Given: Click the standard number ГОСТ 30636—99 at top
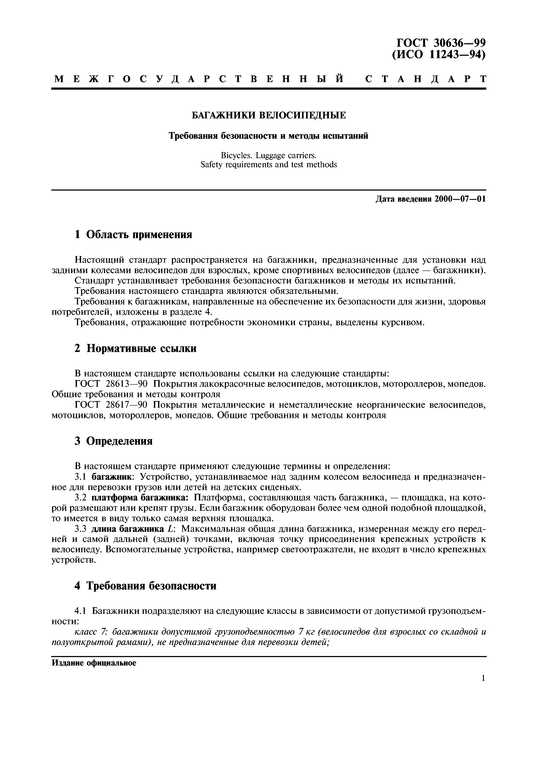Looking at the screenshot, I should click(x=441, y=43).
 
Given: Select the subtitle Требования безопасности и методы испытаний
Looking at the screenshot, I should click(x=269, y=136).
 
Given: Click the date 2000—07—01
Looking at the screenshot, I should click(x=460, y=199).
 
